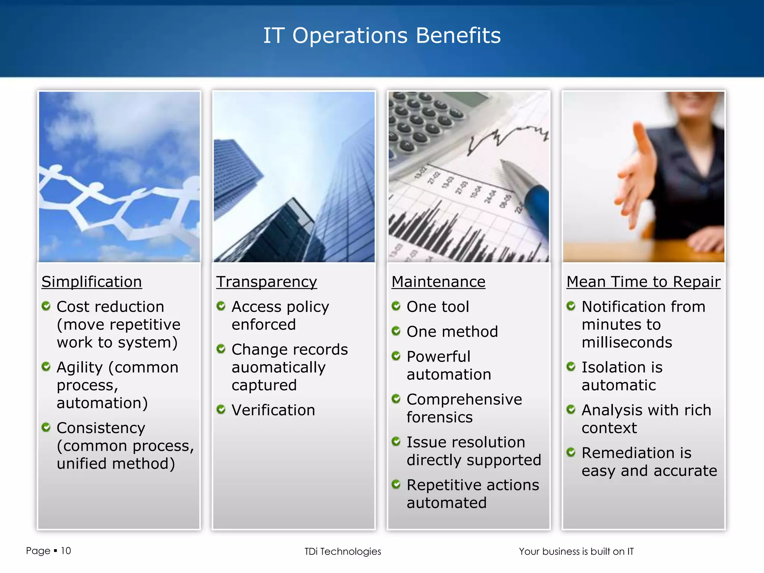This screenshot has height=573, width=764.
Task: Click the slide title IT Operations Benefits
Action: [382, 36]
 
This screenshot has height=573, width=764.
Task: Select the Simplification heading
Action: [91, 282]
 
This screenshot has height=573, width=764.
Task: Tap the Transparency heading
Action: [266, 282]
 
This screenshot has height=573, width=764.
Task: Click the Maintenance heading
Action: [438, 282]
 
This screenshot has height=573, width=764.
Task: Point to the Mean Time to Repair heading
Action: [643, 282]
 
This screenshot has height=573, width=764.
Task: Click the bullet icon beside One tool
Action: [396, 306]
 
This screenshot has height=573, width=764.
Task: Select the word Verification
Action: [273, 410]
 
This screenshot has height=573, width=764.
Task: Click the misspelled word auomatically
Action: [278, 367]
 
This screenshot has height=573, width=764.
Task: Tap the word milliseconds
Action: [627, 342]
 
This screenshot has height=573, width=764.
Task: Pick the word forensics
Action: [439, 417]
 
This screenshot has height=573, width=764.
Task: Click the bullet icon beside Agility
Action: [46, 367]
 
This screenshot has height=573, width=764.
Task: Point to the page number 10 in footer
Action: [66, 551]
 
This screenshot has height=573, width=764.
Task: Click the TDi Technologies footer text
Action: [342, 551]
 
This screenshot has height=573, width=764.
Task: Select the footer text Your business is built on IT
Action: [576, 551]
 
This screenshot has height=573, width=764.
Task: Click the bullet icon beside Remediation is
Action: [571, 453]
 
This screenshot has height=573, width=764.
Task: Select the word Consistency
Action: [101, 428]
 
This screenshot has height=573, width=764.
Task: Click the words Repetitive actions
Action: [473, 485]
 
